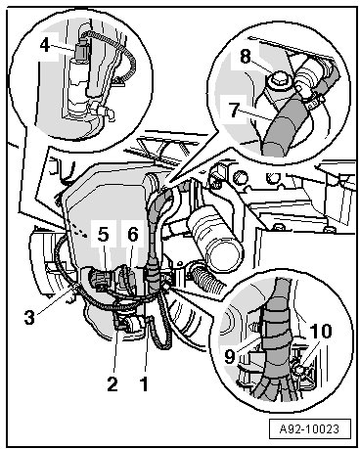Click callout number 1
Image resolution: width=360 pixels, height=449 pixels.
click(144, 383)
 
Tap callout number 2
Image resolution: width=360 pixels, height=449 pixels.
click(112, 383)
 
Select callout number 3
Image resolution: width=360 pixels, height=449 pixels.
click(29, 317)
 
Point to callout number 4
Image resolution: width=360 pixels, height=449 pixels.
click(45, 45)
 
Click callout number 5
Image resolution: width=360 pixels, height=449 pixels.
click(103, 234)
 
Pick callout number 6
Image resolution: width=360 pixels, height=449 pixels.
click(133, 234)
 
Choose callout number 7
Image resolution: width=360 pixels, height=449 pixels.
click(234, 110)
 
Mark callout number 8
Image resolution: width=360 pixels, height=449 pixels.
click(246, 57)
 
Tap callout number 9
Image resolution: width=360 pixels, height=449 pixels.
click(230, 356)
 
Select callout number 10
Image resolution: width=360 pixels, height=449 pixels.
click(321, 332)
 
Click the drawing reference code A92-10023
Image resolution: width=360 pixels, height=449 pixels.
click(309, 428)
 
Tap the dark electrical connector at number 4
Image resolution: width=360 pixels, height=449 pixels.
click(81, 49)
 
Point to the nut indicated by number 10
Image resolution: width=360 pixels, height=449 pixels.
click(298, 370)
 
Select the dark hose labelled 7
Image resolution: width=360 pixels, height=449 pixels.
click(281, 125)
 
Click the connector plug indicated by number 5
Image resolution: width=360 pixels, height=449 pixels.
click(100, 281)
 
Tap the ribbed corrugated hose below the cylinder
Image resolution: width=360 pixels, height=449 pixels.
click(207, 276)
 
